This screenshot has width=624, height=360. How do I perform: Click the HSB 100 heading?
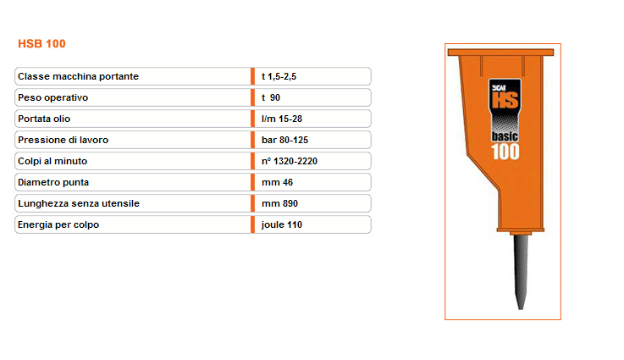coord(41,43)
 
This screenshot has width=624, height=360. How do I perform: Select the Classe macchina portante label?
coord(78,76)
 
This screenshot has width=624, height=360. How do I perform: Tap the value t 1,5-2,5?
coord(279,76)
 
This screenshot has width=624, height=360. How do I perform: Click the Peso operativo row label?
coord(53,97)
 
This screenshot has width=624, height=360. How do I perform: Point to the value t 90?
coord(271,97)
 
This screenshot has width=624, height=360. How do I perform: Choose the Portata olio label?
coord(44,119)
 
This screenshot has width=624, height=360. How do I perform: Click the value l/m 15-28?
coord(282,119)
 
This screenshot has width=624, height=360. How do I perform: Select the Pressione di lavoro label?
coord(63,140)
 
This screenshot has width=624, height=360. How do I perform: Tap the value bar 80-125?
coord(285,140)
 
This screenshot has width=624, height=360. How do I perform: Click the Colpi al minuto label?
coord(52,161)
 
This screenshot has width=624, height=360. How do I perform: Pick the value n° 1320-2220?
coord(290,161)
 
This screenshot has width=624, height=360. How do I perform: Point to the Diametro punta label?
coord(53,182)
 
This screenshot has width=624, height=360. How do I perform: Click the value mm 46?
coord(277,182)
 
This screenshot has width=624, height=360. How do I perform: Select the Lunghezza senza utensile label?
coord(79,203)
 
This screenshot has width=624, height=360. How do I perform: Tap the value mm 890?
coord(279,203)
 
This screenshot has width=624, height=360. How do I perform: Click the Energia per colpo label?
coord(58,224)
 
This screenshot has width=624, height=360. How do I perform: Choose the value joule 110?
coord(282,224)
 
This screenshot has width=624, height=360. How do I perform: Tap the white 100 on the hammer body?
coord(505,152)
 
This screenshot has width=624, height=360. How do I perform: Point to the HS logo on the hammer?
coord(505,100)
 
